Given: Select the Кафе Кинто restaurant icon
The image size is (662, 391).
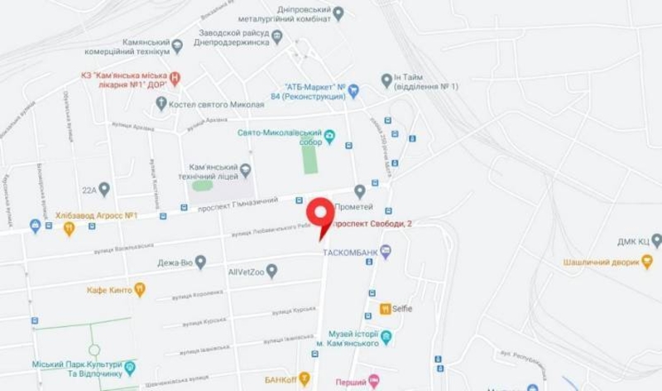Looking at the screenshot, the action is click(x=140, y=290).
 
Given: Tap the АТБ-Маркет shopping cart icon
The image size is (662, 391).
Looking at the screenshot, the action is click(x=353, y=90).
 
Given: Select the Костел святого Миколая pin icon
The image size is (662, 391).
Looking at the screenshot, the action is click(x=161, y=104).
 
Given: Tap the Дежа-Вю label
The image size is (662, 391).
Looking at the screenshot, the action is click(x=175, y=263).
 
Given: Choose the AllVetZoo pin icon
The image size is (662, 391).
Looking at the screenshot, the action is click(x=271, y=270).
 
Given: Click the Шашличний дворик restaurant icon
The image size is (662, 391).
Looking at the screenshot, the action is click(x=647, y=263).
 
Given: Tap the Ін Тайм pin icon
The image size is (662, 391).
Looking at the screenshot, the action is click(x=386, y=80).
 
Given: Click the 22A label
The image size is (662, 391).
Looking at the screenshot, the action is click(x=89, y=190).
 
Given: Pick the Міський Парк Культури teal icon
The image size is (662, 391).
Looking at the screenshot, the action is click(x=130, y=367).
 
